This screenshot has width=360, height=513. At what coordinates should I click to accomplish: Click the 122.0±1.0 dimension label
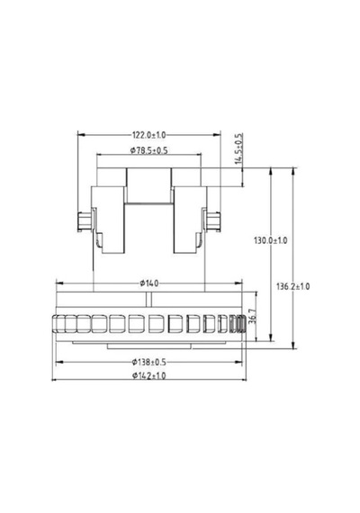click(148, 134)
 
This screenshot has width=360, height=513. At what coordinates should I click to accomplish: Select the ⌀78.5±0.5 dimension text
click(148, 150)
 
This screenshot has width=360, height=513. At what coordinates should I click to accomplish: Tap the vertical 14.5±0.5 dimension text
click(239, 148)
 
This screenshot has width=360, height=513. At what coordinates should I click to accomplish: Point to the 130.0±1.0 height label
click(270, 240)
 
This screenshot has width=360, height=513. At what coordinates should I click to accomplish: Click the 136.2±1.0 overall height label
click(292, 286)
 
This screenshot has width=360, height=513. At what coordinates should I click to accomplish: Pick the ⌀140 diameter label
click(149, 283)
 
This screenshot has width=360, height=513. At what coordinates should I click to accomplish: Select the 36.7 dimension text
click(252, 317)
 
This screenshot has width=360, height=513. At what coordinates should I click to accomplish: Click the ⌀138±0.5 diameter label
click(149, 362)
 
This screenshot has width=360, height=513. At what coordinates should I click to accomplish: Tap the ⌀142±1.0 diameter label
click(149, 375)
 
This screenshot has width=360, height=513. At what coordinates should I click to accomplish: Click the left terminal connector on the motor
click(84, 221)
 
